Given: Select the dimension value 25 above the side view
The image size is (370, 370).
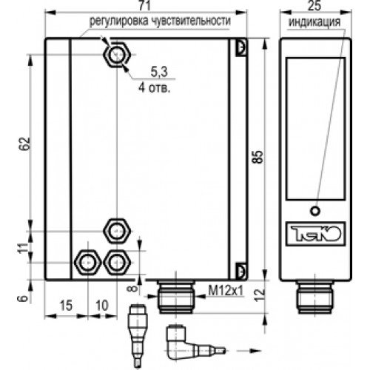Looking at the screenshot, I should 315,7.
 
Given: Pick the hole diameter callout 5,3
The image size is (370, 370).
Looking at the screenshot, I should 159,72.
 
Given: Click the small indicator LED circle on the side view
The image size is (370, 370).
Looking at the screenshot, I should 315,209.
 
